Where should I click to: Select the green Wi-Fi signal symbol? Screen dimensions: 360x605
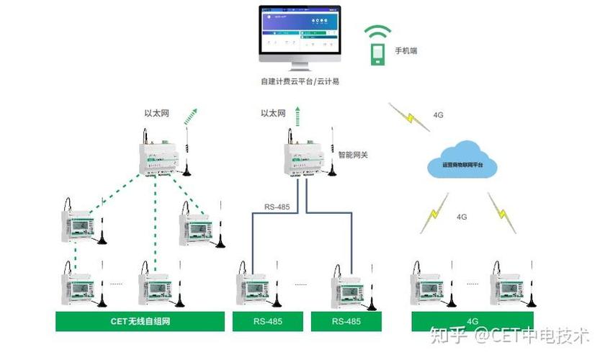pyautogui.click(x=377, y=33)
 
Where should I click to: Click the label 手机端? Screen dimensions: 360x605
pyautogui.click(x=405, y=51)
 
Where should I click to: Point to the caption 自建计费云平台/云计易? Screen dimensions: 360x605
pyautogui.click(x=300, y=81)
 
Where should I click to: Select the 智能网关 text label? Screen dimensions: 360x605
pyautogui.click(x=353, y=154)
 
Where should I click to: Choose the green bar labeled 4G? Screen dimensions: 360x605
pyautogui.click(x=473, y=321)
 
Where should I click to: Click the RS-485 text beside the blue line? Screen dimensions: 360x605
pyautogui.click(x=277, y=207)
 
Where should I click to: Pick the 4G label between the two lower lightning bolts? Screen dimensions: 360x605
pyautogui.click(x=462, y=216)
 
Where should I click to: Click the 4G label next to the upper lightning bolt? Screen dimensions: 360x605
pyautogui.click(x=438, y=114)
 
